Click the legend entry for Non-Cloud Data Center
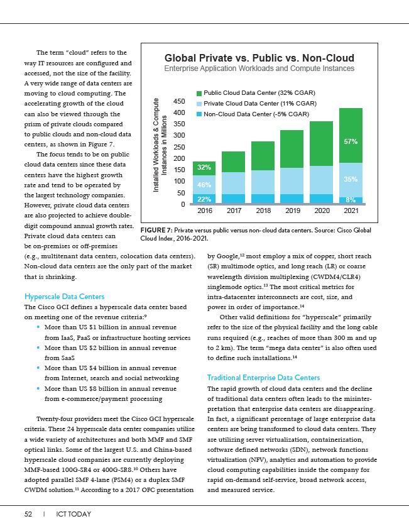pyautogui.click(x=255, y=114)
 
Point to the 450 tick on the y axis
pyautogui.click(x=180, y=102)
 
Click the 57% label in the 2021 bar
pyautogui.click(x=351, y=142)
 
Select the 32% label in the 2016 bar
pyautogui.click(x=204, y=168)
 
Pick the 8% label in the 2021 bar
pyautogui.click(x=351, y=199)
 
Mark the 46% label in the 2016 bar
pyautogui.click(x=204, y=185)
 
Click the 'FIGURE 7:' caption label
pyautogui.click(x=153, y=231)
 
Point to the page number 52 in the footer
pyautogui.click(x=28, y=514)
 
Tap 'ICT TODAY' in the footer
pyautogui.click(x=74, y=514)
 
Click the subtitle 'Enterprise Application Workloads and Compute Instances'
pyautogui.click(x=259, y=68)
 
